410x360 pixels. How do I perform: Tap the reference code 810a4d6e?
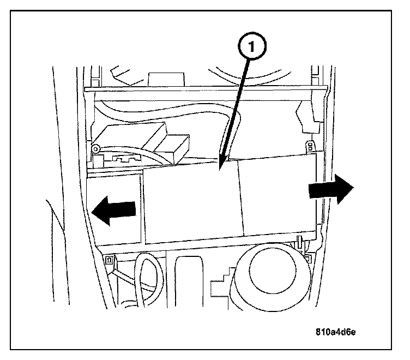339,331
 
